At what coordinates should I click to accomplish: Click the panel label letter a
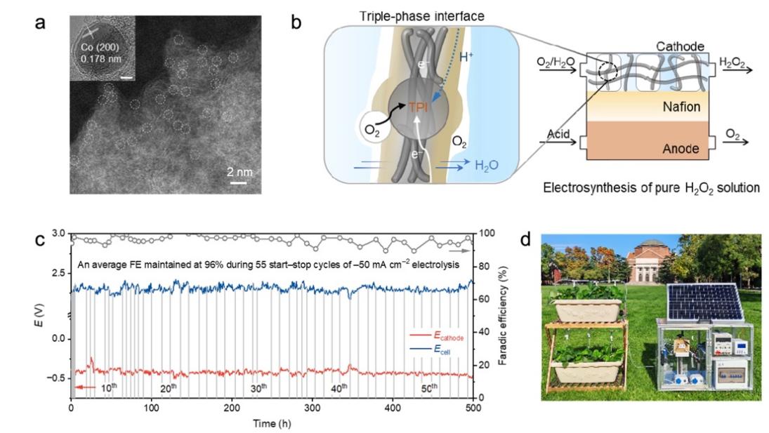point(41,23)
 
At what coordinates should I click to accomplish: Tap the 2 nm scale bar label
point(239,171)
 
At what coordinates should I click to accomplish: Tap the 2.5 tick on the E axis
point(58,272)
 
